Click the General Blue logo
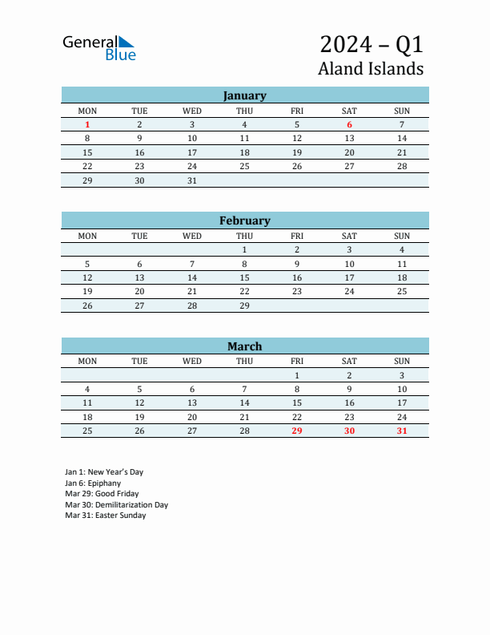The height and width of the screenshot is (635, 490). point(99,48)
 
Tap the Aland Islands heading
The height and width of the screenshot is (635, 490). point(371,69)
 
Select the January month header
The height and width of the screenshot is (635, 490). point(244,95)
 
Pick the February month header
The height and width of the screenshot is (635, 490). point(244,220)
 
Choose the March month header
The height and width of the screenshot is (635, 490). point(244,346)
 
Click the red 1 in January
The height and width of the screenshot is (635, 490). point(87,124)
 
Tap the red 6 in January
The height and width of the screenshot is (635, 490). point(349,124)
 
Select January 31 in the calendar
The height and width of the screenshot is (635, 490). point(192,180)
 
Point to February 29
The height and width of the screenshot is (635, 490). point(244,305)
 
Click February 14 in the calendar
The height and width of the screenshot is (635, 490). point(192,277)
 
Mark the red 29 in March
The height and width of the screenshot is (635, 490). point(297,431)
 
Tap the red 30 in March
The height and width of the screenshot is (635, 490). point(349,431)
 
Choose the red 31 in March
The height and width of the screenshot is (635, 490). point(402,431)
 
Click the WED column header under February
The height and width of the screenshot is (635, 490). point(192,236)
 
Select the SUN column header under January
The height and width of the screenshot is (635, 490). point(402,111)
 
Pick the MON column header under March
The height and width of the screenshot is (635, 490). point(87,361)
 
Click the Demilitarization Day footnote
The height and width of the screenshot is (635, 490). point(116,505)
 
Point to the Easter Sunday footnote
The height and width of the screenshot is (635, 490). point(106,516)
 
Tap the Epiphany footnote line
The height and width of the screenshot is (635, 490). point(93,483)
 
